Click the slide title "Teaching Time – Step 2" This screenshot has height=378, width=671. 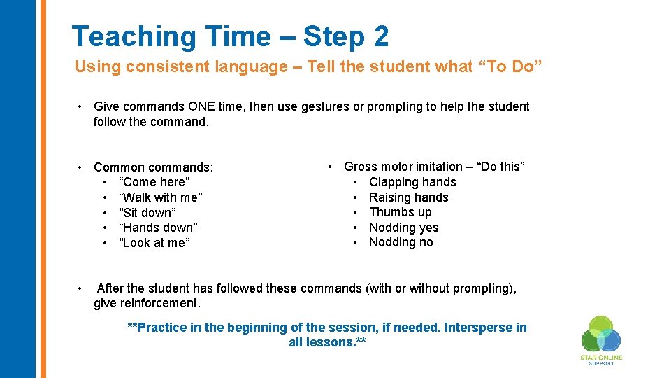click(x=230, y=36)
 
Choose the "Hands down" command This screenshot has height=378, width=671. click(x=158, y=227)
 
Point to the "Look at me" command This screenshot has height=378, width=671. click(x=154, y=243)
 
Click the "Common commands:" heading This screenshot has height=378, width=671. click(x=153, y=167)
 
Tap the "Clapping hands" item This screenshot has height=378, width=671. click(x=412, y=182)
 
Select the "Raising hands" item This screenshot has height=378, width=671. click(x=408, y=197)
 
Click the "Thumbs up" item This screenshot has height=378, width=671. click(x=400, y=212)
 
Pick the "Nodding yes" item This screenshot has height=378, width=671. click(x=403, y=227)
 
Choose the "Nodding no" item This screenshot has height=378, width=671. click(x=401, y=242)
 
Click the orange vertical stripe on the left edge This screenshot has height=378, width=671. click(x=43, y=189)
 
